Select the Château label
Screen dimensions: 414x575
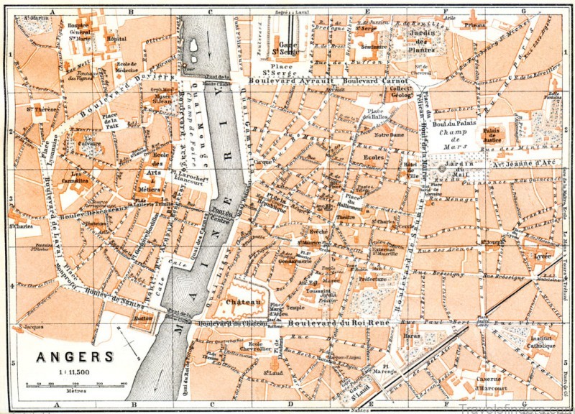click(x=241, y=303)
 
